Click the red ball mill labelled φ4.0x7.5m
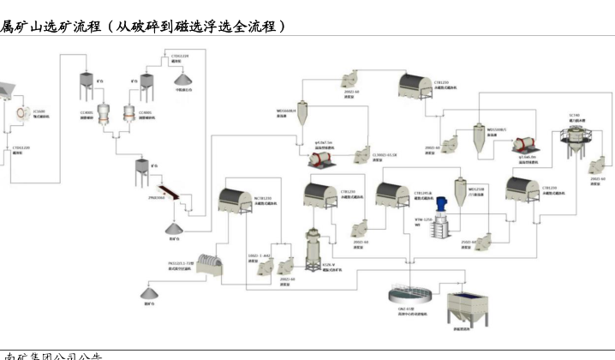[324, 153]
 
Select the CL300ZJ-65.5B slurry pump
[360, 147]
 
